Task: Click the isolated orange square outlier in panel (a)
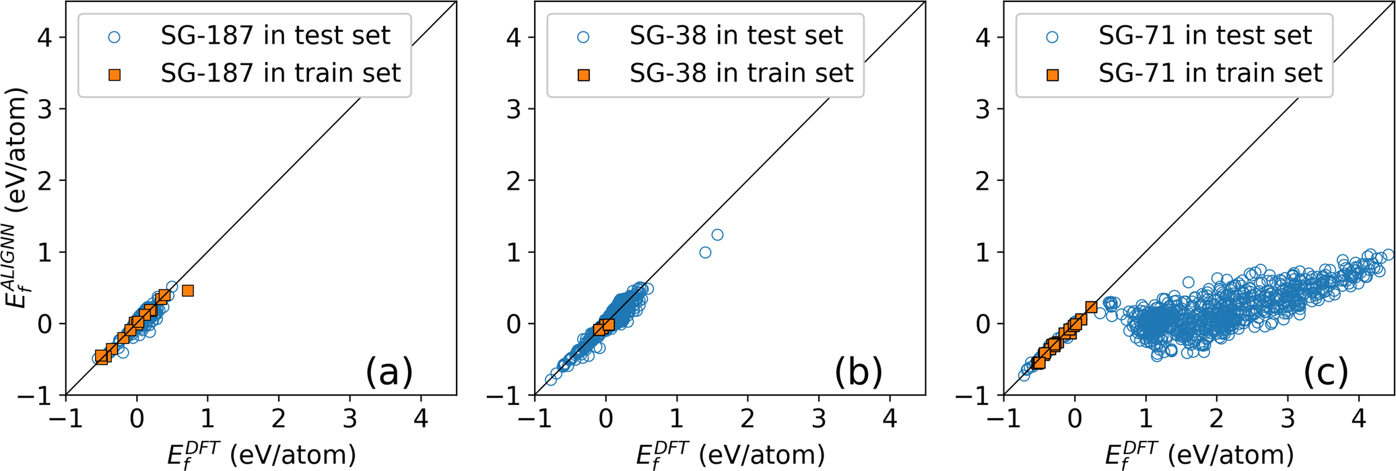[x=188, y=291]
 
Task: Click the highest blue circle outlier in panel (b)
[x=717, y=235]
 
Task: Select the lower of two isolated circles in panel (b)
[x=705, y=252]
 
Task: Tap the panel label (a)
[x=389, y=371]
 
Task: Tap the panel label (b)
[x=857, y=371]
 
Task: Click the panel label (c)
[x=1325, y=371]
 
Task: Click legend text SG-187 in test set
[x=275, y=36]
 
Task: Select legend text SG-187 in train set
[x=281, y=73]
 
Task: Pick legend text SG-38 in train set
[x=741, y=73]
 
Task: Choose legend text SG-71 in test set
[x=1205, y=36]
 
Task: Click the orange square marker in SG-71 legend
[x=1052, y=75]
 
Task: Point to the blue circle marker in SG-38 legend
[x=583, y=38]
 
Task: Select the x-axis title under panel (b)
[x=730, y=454]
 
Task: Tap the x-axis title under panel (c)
[x=1199, y=454]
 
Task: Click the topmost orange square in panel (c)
[x=1091, y=307]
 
